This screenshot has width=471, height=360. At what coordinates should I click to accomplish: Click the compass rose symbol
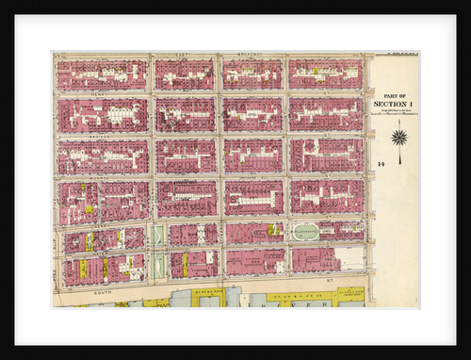[x=398, y=138]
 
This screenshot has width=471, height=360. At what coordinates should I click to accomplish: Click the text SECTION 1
[x=394, y=104]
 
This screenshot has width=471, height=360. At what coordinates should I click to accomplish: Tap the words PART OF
[x=394, y=95]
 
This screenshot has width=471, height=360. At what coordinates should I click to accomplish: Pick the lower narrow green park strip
[x=157, y=264]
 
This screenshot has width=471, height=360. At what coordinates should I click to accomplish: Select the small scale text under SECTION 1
[x=394, y=112]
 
